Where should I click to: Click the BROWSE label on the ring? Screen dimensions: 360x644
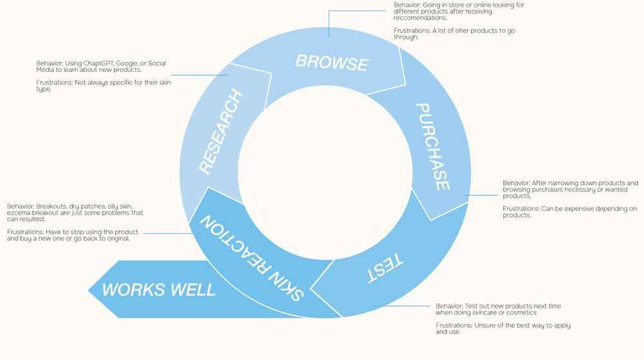[331, 62]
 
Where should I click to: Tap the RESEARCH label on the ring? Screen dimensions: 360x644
[221, 132]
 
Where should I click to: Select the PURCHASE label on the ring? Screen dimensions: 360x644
[432, 146]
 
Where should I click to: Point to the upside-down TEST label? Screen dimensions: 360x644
[385, 268]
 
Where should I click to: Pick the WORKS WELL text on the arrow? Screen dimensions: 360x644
[159, 289]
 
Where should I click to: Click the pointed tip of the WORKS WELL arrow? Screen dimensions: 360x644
[89, 289]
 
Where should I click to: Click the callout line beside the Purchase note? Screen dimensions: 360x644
[483, 195]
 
